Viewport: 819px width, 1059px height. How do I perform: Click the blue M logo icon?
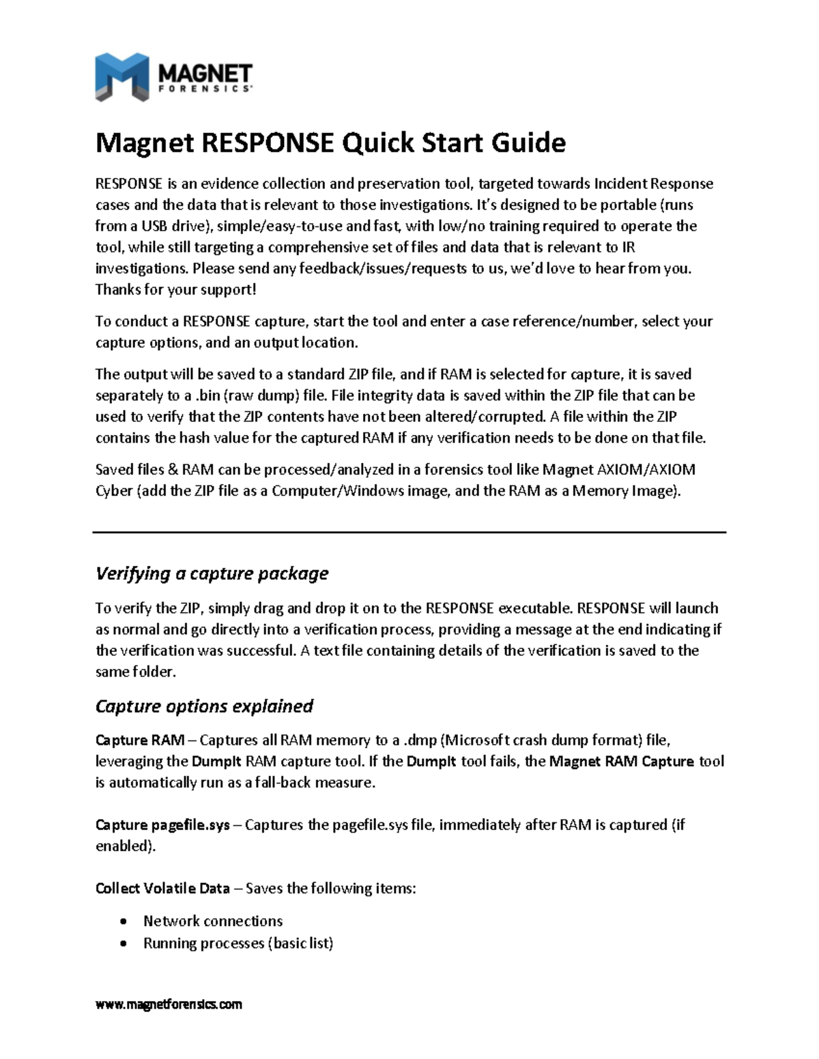[121, 77]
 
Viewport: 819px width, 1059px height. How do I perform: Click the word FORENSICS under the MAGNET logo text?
[205, 89]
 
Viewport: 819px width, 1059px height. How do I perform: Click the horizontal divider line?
[409, 533]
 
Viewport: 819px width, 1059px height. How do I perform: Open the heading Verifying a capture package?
[212, 573]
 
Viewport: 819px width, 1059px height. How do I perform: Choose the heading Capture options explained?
[204, 706]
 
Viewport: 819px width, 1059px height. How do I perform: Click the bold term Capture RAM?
[140, 741]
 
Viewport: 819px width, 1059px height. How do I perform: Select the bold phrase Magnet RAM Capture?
[622, 762]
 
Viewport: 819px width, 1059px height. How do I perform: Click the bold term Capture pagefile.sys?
[162, 825]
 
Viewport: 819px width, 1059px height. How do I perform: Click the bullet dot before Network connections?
[123, 922]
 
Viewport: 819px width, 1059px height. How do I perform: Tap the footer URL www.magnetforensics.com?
[169, 1004]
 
